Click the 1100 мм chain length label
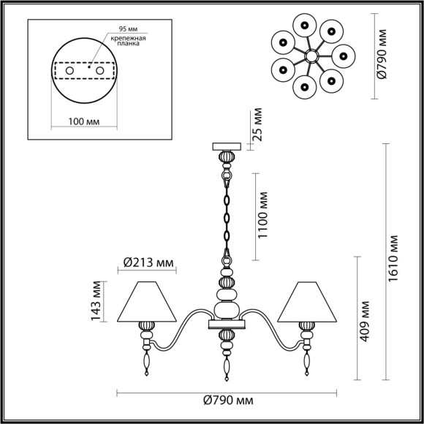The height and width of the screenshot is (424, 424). tap(265, 216)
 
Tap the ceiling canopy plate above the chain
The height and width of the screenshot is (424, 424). tap(226, 145)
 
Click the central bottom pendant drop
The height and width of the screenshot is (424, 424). tap(227, 362)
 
